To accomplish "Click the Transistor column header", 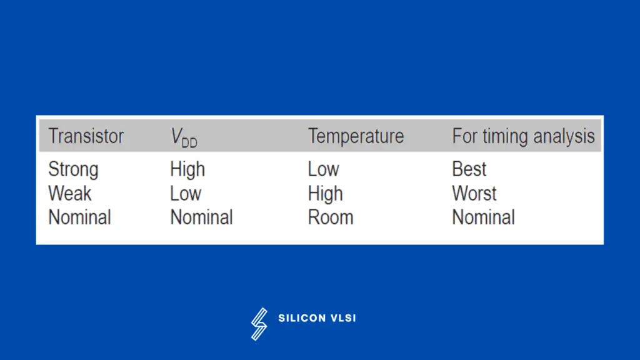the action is (86, 136).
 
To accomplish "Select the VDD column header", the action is (184, 137).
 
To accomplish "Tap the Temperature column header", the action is (356, 136).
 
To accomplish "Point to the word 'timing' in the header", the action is (505, 137).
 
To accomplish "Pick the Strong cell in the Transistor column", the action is (74, 170).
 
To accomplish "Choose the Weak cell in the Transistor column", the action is (70, 193).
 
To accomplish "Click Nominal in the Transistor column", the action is (79, 217).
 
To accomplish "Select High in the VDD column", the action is (187, 170).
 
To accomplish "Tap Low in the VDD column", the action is (186, 193).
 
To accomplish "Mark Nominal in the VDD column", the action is (202, 217).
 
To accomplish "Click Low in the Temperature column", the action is (324, 169).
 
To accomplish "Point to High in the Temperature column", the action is (326, 194).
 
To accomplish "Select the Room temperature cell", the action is (331, 217).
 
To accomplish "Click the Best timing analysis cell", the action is (469, 169).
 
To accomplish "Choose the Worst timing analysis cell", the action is (474, 193).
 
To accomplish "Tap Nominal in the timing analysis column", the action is (484, 217).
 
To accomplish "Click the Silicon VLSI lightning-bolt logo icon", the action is (259, 324).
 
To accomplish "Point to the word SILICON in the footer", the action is (302, 318).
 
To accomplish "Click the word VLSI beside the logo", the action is (343, 318).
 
